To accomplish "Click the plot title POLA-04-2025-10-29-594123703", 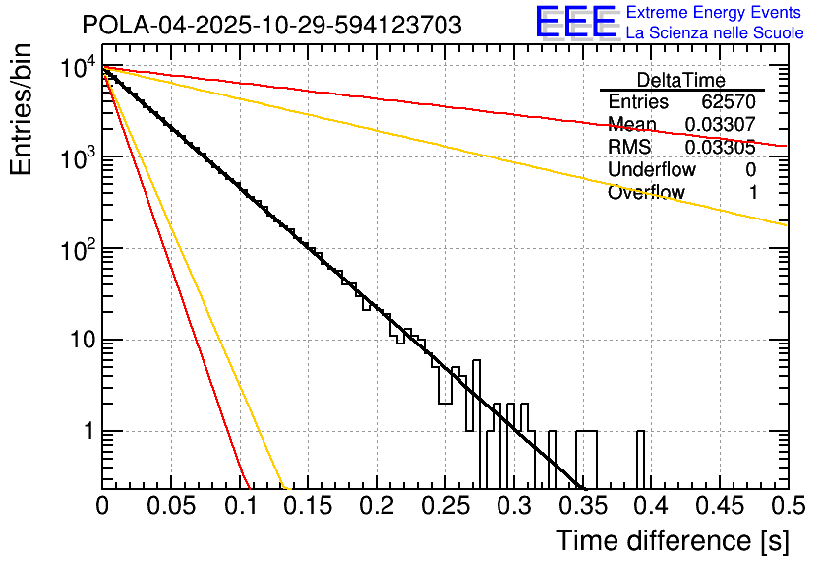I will pos(271,26).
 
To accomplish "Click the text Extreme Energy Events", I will pos(715,13).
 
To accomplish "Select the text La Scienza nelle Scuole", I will pos(715,33).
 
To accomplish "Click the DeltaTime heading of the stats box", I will pos(680,80).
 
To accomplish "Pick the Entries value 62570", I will pos(729,102).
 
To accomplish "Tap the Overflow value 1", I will pos(753,193).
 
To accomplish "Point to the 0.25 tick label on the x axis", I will pos(444,507).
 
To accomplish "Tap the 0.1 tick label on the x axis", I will pos(239,507).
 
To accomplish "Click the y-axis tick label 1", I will pos(87,431).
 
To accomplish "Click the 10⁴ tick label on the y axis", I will pos(76,68).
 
